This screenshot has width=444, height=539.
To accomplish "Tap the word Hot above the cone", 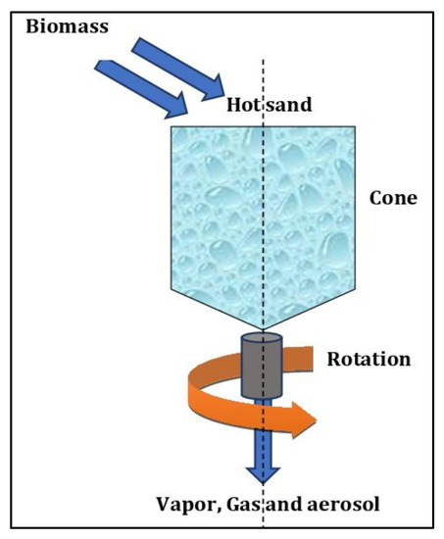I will pyautogui.click(x=244, y=104).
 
